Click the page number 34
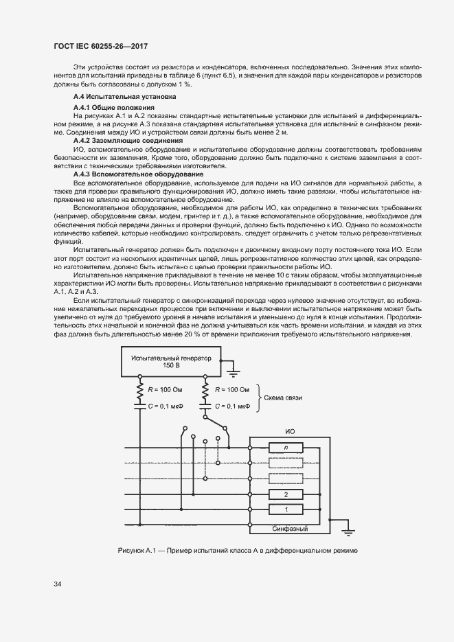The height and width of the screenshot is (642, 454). pos(58,584)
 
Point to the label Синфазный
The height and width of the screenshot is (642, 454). pos(289,529)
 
